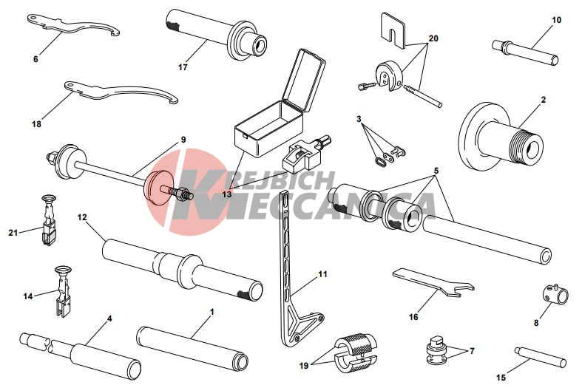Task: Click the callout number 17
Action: coord(183,67)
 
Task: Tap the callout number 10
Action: coord(556,20)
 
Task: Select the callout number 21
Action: coord(13,233)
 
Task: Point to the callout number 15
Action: coord(501,378)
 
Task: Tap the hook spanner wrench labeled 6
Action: coord(72,26)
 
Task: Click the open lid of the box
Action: coord(304,80)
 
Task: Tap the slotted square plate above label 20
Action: coord(393,30)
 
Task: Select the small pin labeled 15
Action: coord(541,357)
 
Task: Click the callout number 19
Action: coord(304,366)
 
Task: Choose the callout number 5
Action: coord(436,171)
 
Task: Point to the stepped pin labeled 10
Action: coord(525,52)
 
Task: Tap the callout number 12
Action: coord(82,217)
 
